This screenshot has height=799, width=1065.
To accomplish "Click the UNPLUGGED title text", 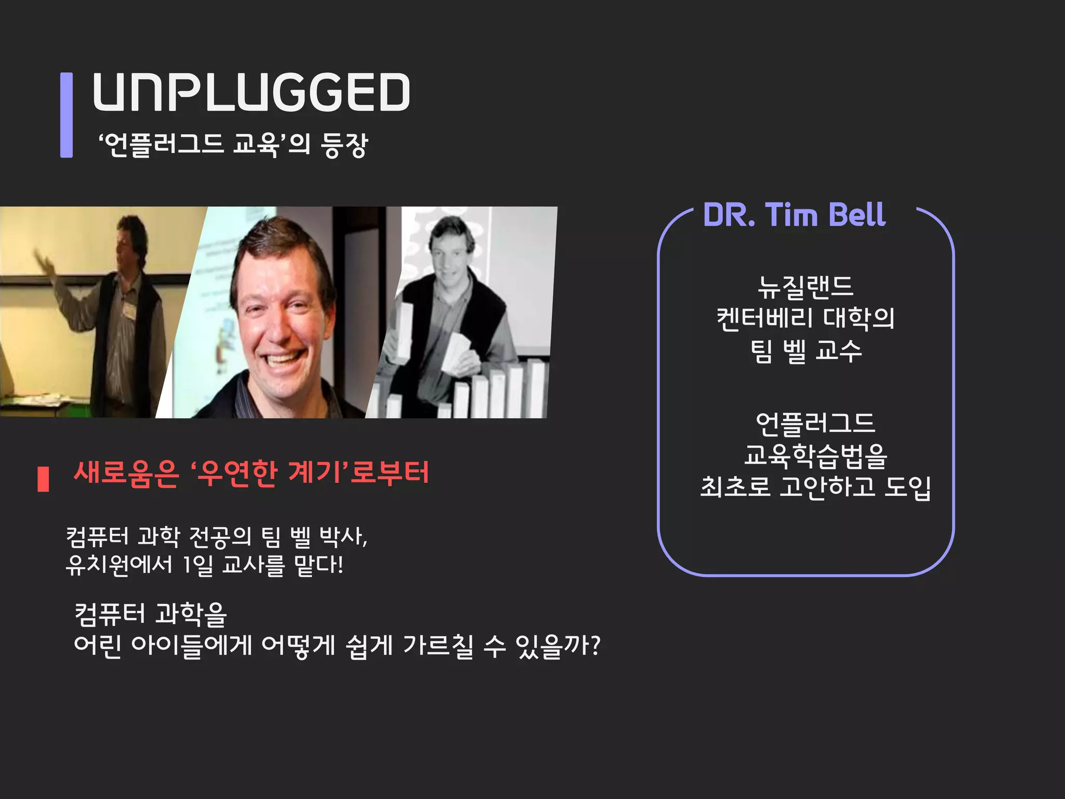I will click(251, 92).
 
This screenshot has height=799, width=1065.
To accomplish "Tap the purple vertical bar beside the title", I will click(67, 114).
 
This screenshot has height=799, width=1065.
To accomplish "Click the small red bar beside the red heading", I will click(44, 479).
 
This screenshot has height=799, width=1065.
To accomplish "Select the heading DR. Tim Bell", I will click(794, 215).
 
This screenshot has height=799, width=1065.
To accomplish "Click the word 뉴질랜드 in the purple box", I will click(806, 287).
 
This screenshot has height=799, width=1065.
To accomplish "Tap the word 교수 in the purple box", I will click(839, 351).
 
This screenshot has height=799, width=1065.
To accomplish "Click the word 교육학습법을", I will click(815, 456).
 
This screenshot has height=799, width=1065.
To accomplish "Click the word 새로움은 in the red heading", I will click(126, 473).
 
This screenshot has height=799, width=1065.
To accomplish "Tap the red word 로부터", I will click(390, 473).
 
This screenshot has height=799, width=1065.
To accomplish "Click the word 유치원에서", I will click(119, 565).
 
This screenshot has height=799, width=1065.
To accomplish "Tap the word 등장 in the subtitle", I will click(344, 145).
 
